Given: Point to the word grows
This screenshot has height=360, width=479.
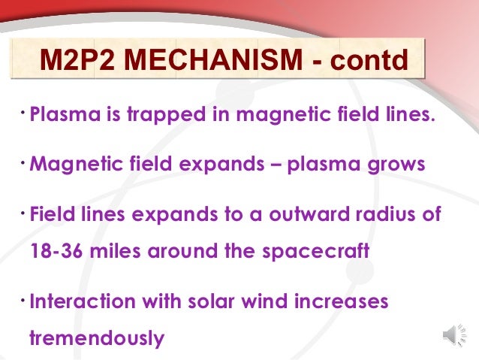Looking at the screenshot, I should tap(399, 164).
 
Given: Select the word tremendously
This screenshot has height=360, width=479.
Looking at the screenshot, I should tap(96, 338).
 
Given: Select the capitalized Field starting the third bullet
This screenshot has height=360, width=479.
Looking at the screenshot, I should tap(50, 214).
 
